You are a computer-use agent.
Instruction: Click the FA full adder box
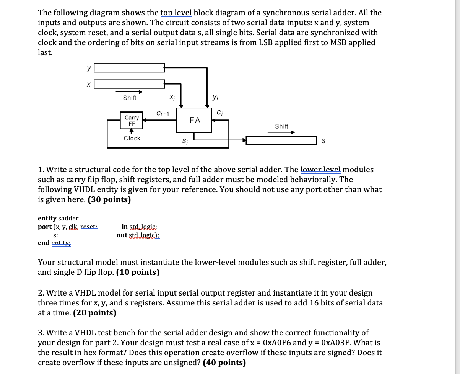click(194, 120)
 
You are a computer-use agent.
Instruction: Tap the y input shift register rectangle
click(129, 68)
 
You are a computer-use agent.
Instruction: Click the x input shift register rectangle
click(129, 84)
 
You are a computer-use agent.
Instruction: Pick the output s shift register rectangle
click(281, 141)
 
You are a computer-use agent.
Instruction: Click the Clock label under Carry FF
click(132, 138)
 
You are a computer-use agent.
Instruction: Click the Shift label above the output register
click(281, 126)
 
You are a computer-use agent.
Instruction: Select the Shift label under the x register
click(130, 98)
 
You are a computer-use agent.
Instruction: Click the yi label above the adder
click(215, 98)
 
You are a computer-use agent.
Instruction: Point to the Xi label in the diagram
click(172, 98)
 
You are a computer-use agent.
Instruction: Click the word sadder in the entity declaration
click(68, 218)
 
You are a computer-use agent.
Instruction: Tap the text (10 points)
click(138, 272)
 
